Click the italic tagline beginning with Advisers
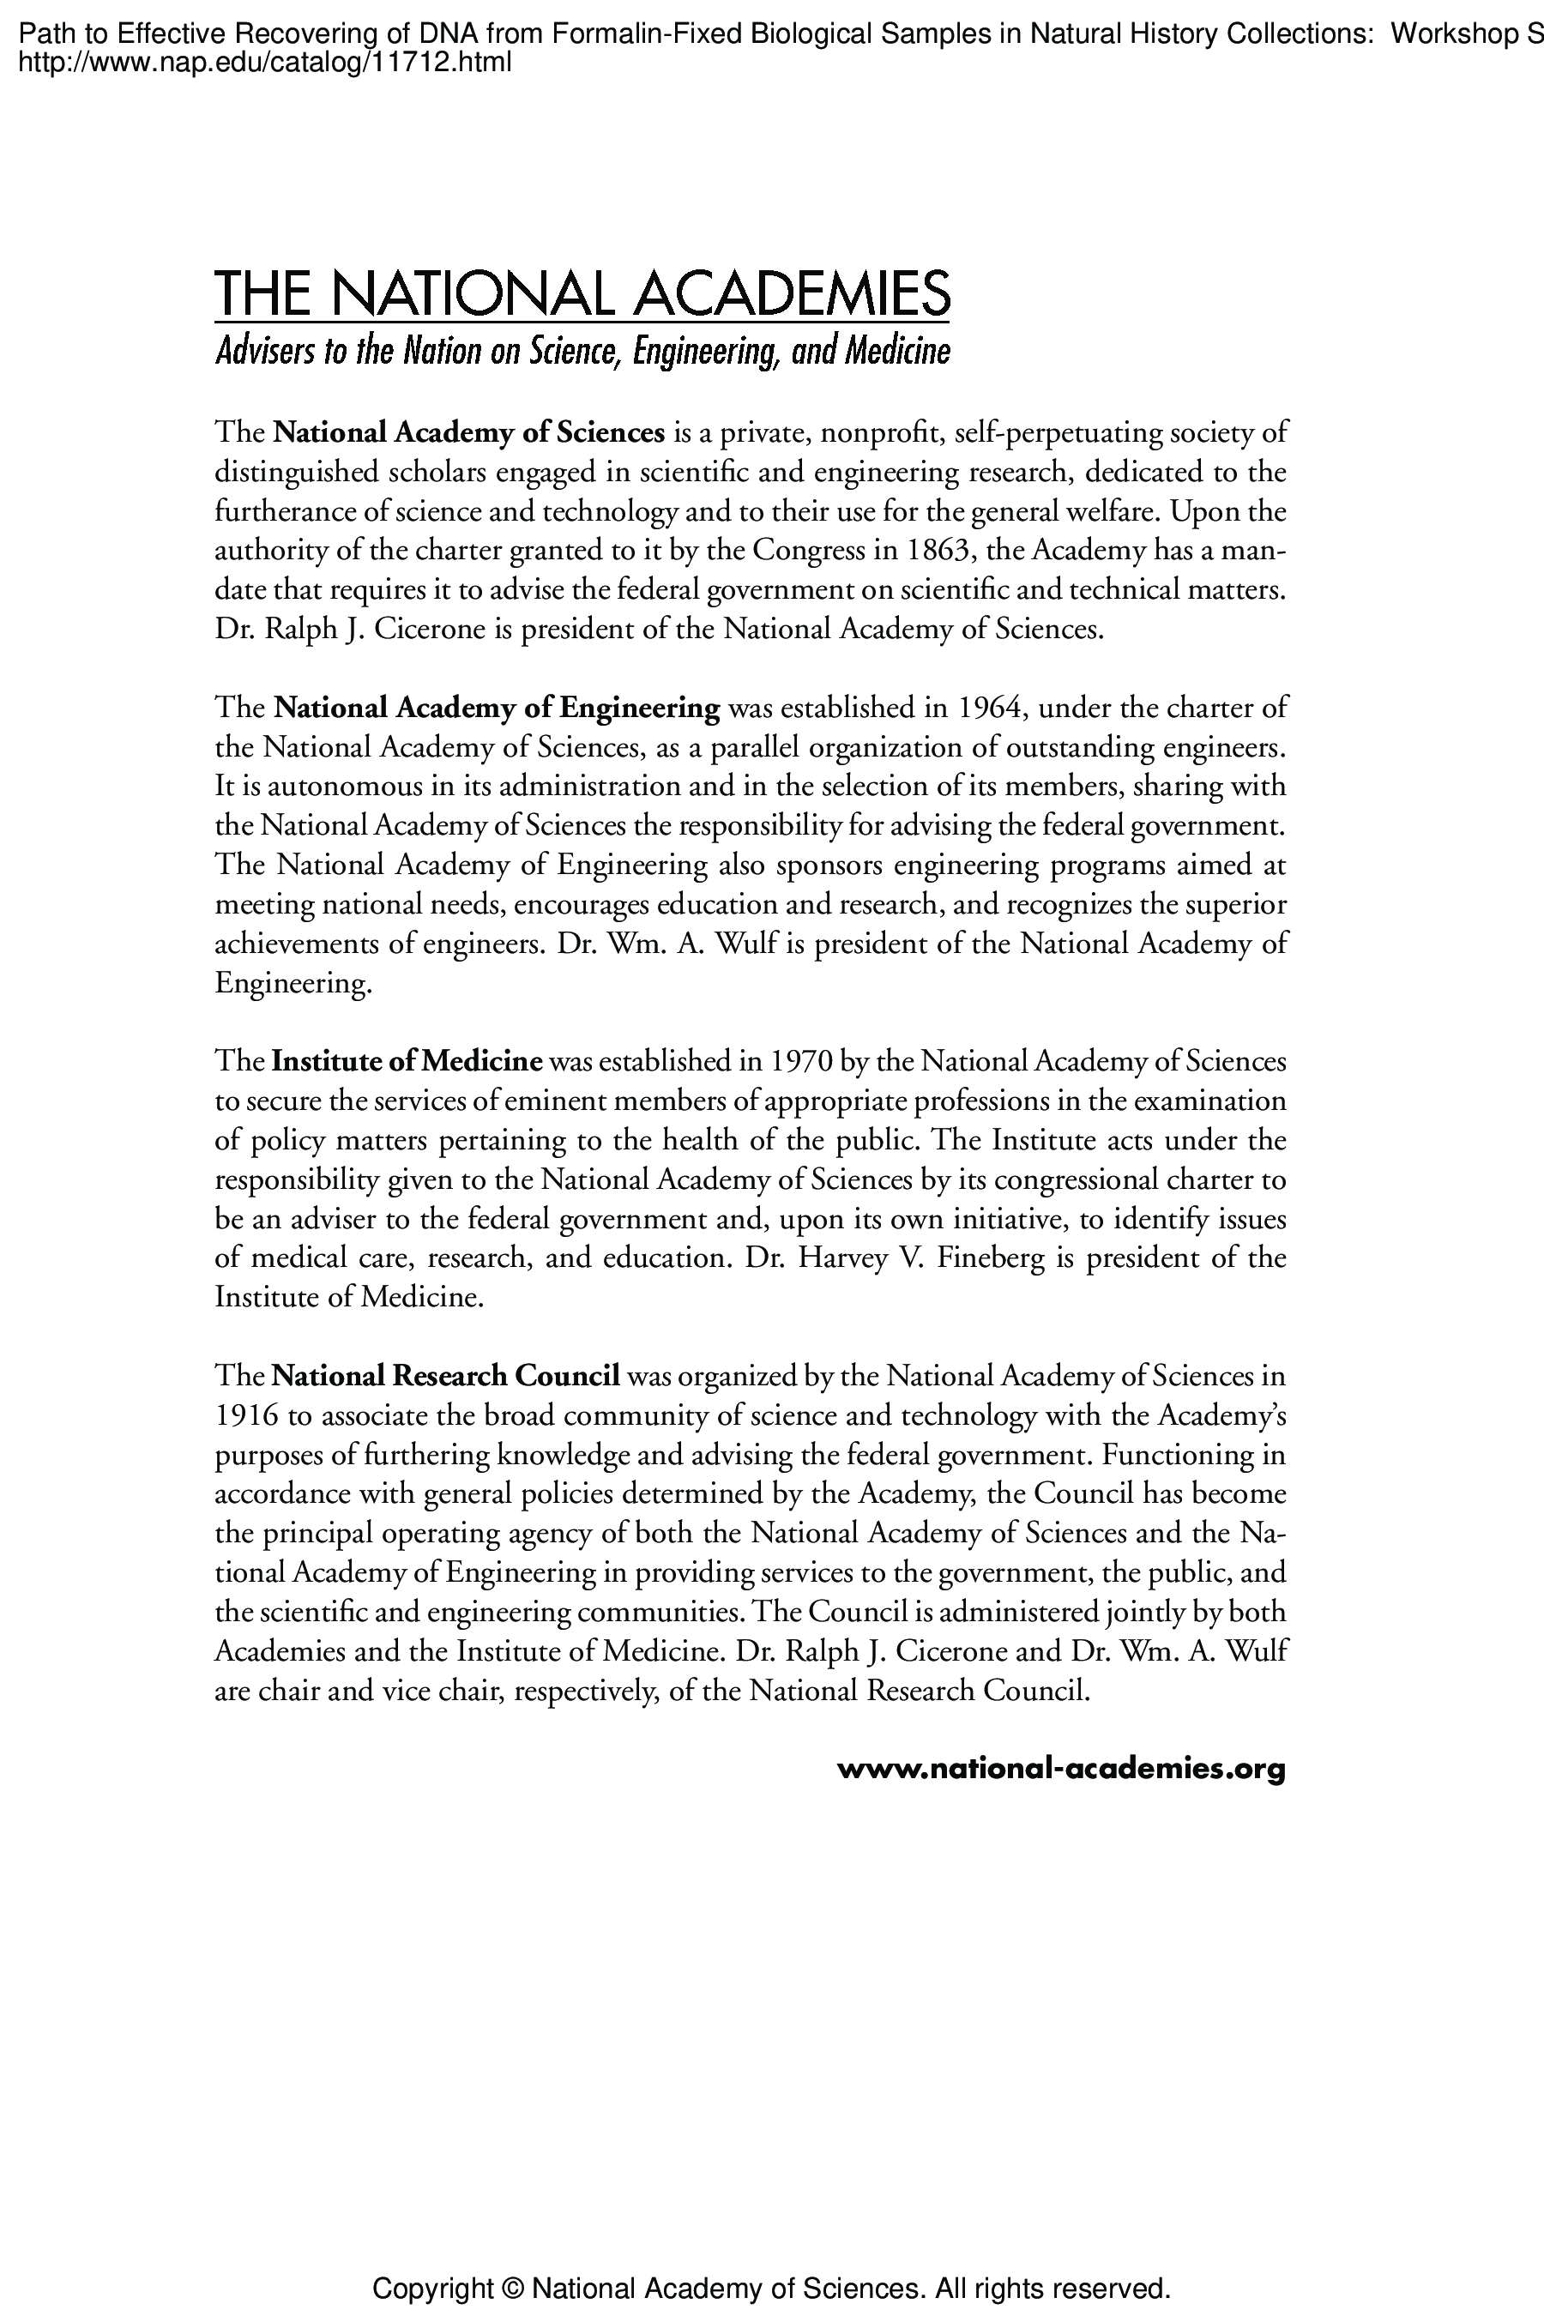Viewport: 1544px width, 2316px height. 582,352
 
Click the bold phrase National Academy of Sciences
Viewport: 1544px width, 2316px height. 468,432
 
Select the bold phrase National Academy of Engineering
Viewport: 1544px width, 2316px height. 497,708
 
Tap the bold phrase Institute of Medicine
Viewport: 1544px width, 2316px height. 407,1062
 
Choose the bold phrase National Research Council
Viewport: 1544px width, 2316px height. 445,1376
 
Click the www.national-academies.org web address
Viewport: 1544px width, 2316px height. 1060,1770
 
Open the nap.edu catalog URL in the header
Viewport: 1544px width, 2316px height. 266,64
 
